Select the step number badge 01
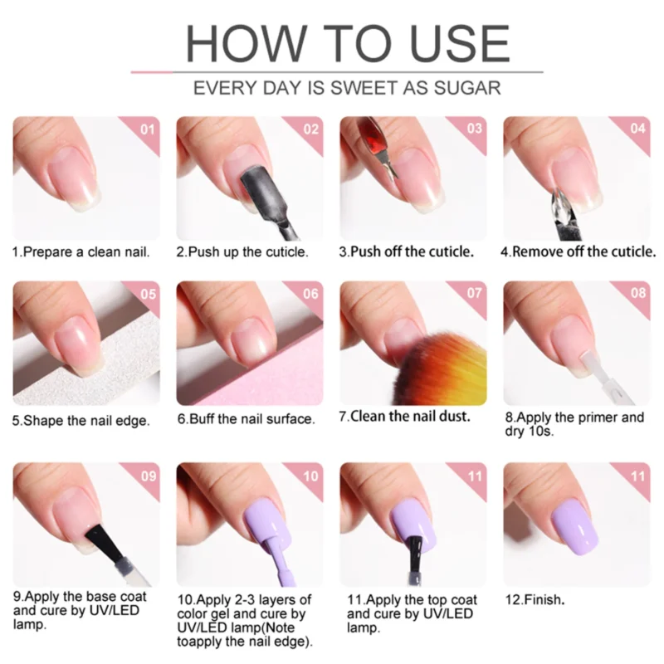click(147, 129)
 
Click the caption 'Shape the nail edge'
click(81, 420)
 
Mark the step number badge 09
click(147, 476)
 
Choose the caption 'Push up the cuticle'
click(242, 251)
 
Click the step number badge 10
click(310, 476)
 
